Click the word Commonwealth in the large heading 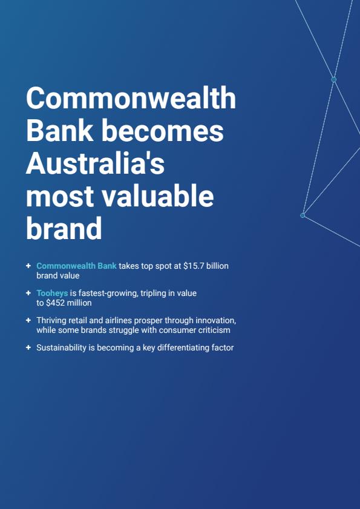pos(131,98)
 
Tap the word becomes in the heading pos(165,131)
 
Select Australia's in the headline pos(95,163)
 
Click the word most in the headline pos(61,197)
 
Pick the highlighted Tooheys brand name pos(52,294)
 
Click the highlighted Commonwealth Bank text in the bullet pos(76,266)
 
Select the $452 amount pos(55,303)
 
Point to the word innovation pos(215,320)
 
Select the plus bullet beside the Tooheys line pos(28,293)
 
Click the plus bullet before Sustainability pos(28,347)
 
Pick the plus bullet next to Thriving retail pos(28,320)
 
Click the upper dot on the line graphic pos(334,79)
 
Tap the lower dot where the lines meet pos(303,215)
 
